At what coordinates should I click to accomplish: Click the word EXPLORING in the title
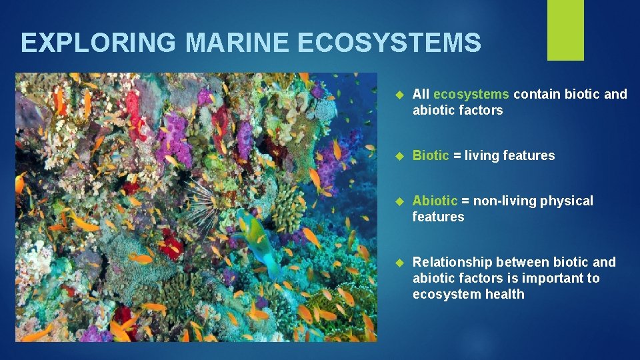[x=99, y=43]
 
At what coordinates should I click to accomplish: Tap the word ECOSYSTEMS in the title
[x=389, y=43]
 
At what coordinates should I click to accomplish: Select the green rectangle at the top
[x=565, y=30]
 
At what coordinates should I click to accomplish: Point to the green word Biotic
[x=431, y=155]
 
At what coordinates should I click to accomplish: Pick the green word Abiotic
[x=435, y=201]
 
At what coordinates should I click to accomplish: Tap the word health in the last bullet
[x=501, y=294]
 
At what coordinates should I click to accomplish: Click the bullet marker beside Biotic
[x=399, y=156]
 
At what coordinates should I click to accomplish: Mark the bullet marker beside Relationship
[x=399, y=263]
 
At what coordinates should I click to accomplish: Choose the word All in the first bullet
[x=421, y=94]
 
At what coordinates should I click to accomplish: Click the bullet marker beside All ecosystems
[x=399, y=95]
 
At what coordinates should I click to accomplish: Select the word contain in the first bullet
[x=537, y=94]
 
